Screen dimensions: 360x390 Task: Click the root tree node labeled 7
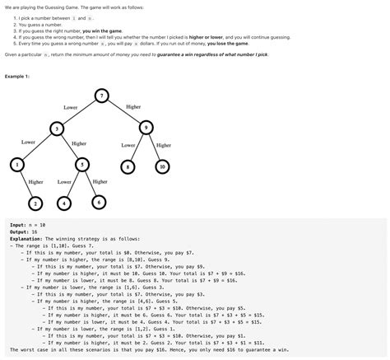pyautogui.click(x=100, y=96)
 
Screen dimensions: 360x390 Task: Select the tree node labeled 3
pyautogui.click(x=56, y=129)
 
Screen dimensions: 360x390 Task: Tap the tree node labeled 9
pyautogui.click(x=146, y=127)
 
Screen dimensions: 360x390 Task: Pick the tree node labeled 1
pyautogui.click(x=16, y=166)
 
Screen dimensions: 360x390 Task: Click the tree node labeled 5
pyautogui.click(x=82, y=165)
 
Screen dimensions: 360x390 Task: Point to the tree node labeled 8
pyautogui.click(x=128, y=166)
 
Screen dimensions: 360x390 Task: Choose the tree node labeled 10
pyautogui.click(x=163, y=166)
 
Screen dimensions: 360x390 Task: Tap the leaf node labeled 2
pyautogui.click(x=35, y=203)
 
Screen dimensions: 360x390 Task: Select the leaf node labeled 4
pyautogui.click(x=63, y=203)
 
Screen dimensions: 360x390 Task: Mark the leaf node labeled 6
pyautogui.click(x=99, y=202)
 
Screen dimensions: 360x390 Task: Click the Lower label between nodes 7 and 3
pyautogui.click(x=71, y=108)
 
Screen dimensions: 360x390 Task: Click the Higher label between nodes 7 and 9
pyautogui.click(x=133, y=107)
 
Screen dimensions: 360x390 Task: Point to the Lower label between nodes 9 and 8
pyautogui.click(x=128, y=145)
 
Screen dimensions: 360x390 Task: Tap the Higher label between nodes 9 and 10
pyautogui.click(x=164, y=145)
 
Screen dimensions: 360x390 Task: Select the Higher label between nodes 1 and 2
pyautogui.click(x=35, y=181)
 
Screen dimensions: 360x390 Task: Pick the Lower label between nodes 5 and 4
pyautogui.click(x=64, y=181)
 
